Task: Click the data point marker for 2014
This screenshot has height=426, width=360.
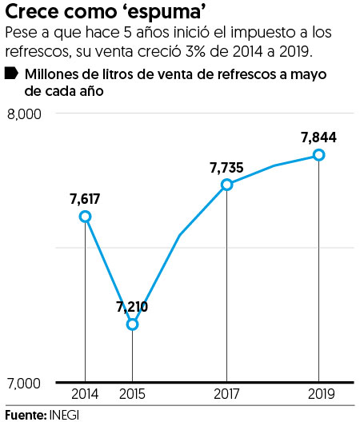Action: (x=85, y=217)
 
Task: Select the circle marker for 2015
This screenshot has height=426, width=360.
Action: (x=133, y=324)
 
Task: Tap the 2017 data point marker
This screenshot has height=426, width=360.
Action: (x=227, y=185)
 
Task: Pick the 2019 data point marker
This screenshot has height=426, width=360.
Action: (x=319, y=154)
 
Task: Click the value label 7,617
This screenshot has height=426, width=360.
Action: (x=85, y=198)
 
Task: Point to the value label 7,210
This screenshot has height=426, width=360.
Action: (x=132, y=306)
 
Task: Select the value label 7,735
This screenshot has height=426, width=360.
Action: (x=226, y=167)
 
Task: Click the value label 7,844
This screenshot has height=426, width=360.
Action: (x=318, y=137)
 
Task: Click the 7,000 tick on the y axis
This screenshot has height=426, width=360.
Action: (x=24, y=384)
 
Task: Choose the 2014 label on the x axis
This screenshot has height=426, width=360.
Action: (x=85, y=395)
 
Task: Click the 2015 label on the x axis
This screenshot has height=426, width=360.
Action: (x=133, y=395)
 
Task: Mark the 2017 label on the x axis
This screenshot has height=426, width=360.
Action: (x=227, y=395)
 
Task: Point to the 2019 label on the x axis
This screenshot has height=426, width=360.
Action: (x=319, y=395)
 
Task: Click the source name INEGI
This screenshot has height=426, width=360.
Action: (x=64, y=416)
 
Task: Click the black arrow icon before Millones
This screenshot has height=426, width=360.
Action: (x=12, y=74)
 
